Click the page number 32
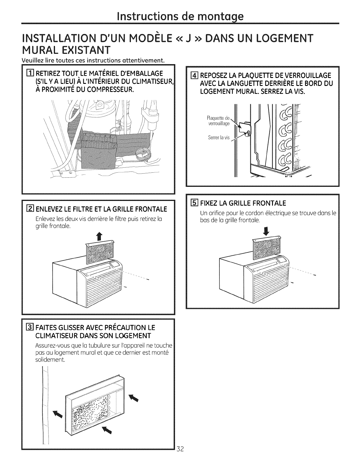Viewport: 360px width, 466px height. pyautogui.click(x=180, y=457)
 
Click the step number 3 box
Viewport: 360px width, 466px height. pyautogui.click(x=30, y=327)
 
